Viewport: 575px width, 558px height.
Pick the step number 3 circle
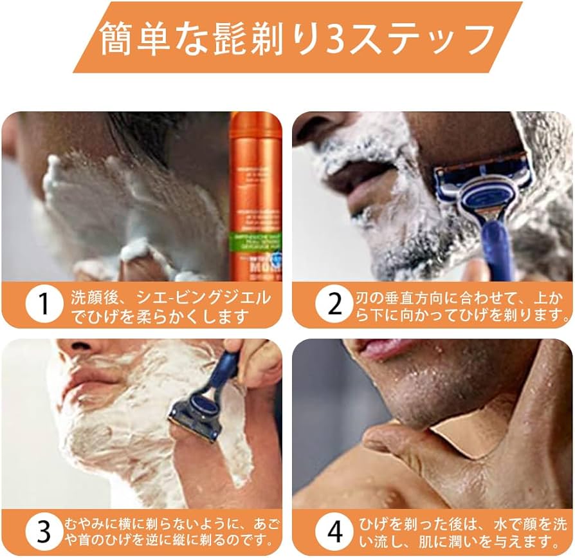[x=43, y=532]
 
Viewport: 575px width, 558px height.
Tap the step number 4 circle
[x=334, y=532]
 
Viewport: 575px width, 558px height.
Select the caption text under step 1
[x=170, y=306]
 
